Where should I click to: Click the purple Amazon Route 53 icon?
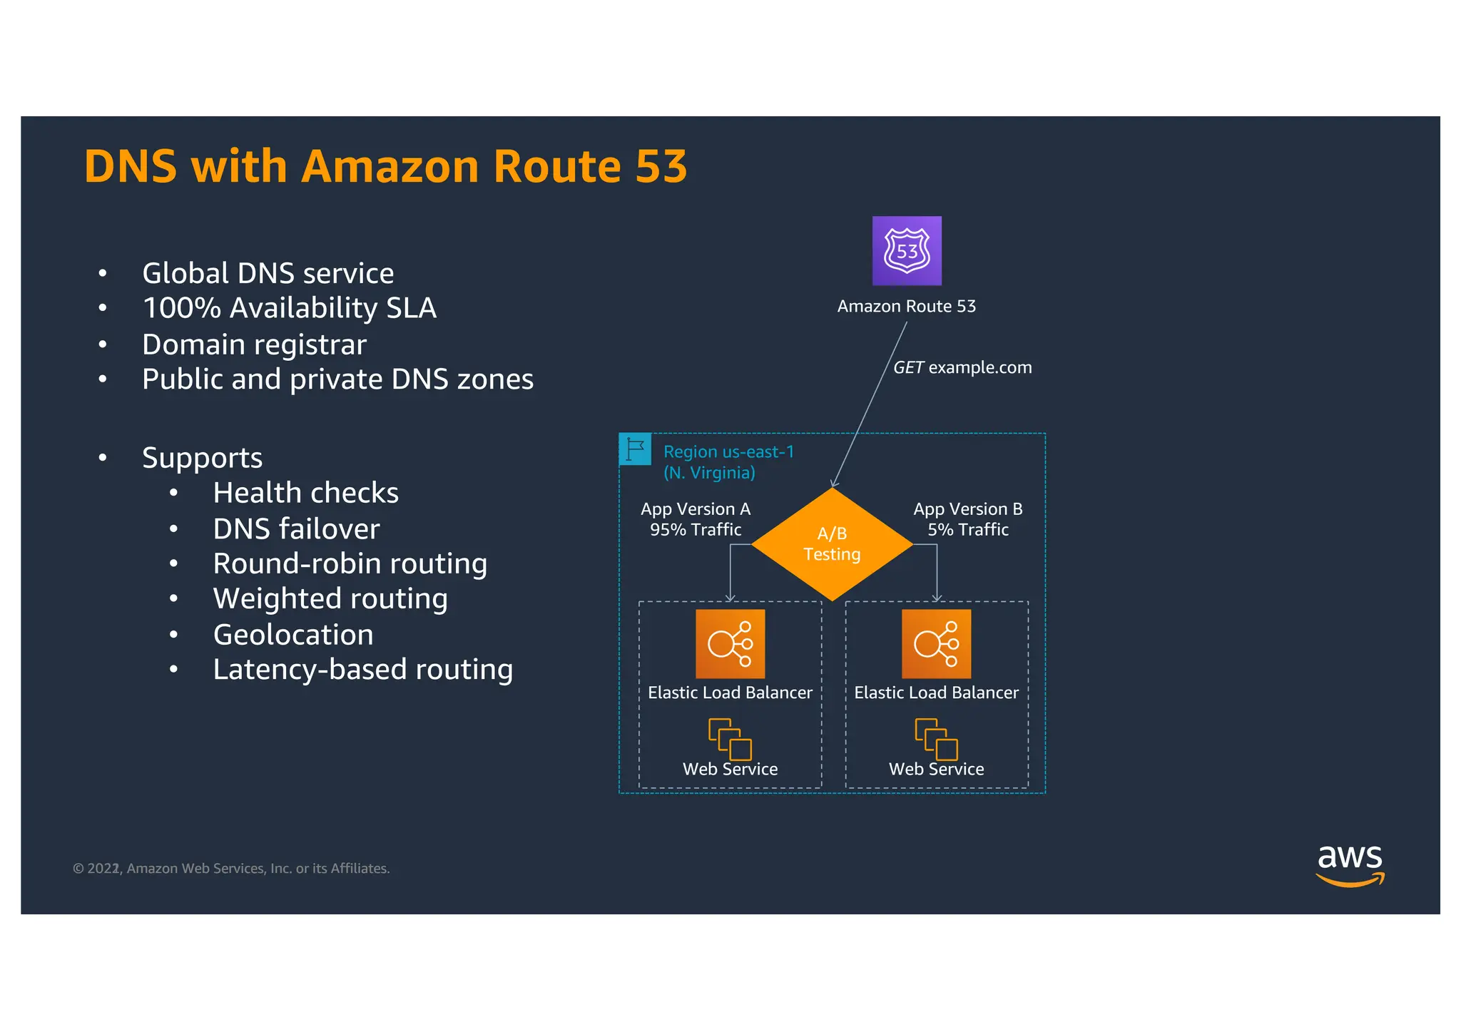click(907, 250)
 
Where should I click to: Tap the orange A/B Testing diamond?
click(832, 543)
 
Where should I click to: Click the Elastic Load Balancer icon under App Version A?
click(730, 643)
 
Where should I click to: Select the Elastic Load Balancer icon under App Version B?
click(936, 643)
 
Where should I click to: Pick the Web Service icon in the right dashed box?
click(936, 739)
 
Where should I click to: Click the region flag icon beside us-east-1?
click(634, 449)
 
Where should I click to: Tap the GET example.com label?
click(962, 367)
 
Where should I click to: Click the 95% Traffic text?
click(696, 530)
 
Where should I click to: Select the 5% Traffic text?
click(967, 530)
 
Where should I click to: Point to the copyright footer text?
click(231, 869)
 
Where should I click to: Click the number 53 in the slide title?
click(661, 166)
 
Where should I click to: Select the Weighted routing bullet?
click(330, 598)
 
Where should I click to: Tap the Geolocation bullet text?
click(293, 634)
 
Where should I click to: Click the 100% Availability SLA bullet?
click(289, 308)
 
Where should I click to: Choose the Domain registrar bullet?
click(254, 344)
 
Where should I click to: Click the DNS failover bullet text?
click(296, 528)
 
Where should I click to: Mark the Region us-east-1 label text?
click(728, 452)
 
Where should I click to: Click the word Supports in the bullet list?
click(202, 457)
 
